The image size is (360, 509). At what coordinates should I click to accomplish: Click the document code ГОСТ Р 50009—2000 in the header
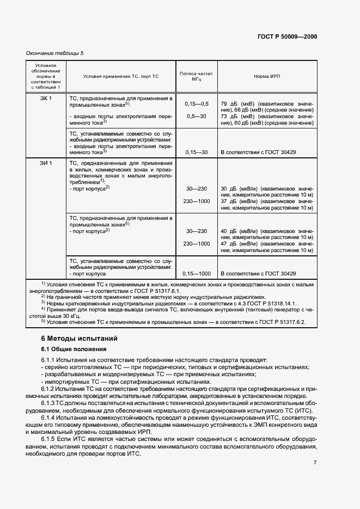(287, 37)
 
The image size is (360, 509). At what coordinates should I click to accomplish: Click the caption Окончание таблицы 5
(55, 53)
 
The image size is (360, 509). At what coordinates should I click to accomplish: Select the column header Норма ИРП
(267, 76)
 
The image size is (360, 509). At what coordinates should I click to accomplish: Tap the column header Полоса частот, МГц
(197, 76)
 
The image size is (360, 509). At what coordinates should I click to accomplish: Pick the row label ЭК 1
(46, 98)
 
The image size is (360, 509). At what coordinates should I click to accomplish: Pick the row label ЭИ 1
(46, 163)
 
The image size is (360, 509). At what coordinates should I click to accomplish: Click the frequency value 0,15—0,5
(197, 103)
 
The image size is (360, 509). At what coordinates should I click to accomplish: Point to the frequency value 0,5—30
(197, 116)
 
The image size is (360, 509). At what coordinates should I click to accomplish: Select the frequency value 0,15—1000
(197, 273)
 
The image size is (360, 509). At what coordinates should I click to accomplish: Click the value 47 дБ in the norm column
(228, 243)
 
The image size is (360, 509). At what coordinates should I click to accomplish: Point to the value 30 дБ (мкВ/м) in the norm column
(240, 188)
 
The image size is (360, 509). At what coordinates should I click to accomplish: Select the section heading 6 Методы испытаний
(80, 338)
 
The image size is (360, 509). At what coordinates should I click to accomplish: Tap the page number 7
(315, 462)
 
